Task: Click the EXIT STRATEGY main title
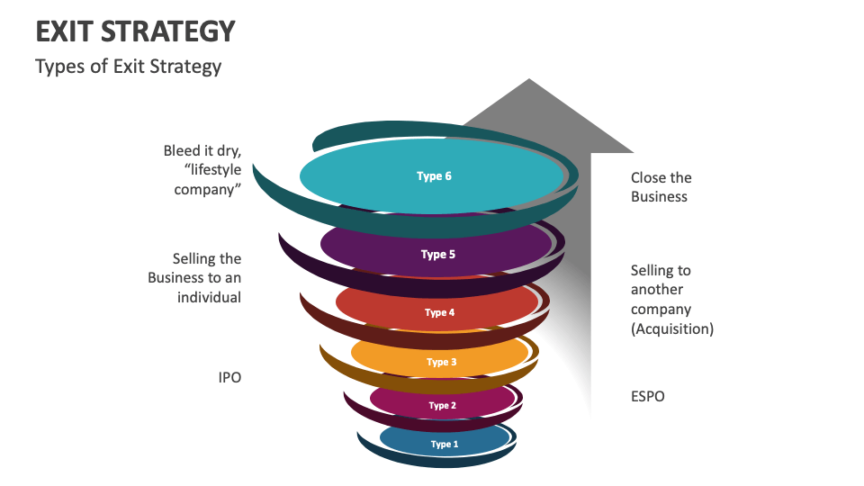135,31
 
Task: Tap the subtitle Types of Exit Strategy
128,67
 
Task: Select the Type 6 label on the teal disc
434,176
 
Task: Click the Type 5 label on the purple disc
438,255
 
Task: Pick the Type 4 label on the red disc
439,313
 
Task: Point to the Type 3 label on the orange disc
442,363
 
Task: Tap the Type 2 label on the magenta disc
442,406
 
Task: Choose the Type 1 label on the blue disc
444,445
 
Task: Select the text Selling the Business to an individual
194,278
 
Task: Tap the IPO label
229,378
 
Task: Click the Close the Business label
661,187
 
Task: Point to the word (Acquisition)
671,329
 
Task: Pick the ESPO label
647,396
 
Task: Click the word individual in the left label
209,297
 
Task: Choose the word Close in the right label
649,178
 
